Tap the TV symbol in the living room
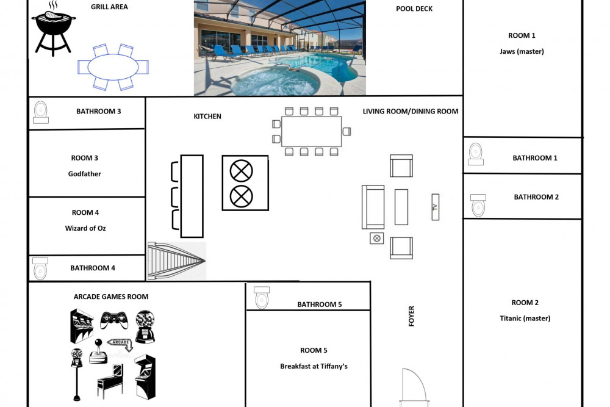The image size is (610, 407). tap(436, 207)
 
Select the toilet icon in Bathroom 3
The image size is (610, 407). tap(40, 112)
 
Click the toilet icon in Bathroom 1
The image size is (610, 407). tap(475, 154)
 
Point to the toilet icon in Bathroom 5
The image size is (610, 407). tap(262, 298)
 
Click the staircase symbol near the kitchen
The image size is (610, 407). tap(177, 261)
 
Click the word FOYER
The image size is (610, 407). tap(411, 316)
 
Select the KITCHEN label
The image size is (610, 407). tap(207, 117)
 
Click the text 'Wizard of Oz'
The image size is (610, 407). tap(85, 228)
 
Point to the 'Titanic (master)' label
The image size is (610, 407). tap(525, 319)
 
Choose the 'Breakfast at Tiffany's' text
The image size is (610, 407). tap(314, 366)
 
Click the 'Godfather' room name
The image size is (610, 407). tap(84, 174)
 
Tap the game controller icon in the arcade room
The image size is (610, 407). tap(114, 320)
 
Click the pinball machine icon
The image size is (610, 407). tap(110, 381)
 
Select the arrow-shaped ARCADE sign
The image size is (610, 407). tap(120, 344)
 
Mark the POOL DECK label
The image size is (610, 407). tap(414, 9)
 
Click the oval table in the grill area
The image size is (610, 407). tap(113, 67)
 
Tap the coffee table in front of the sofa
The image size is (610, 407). tap(401, 207)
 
